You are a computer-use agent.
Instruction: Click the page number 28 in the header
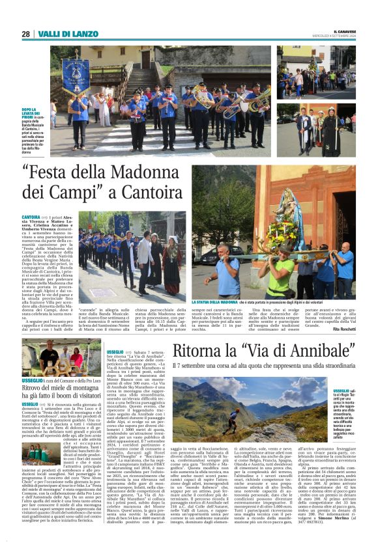25,34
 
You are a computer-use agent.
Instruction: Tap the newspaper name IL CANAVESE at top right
338,31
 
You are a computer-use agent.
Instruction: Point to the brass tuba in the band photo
260,99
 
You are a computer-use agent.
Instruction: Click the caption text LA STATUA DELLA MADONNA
218,302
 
